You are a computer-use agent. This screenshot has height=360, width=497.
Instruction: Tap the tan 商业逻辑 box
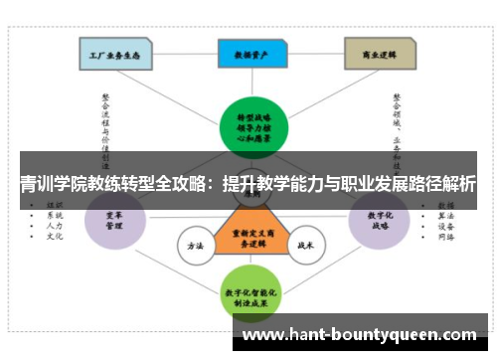pyautogui.click(x=381, y=53)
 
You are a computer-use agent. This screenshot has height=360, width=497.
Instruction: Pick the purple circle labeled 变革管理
pyautogui.click(x=112, y=220)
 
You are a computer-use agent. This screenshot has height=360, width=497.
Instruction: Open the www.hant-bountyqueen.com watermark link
pyautogui.click(x=360, y=335)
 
